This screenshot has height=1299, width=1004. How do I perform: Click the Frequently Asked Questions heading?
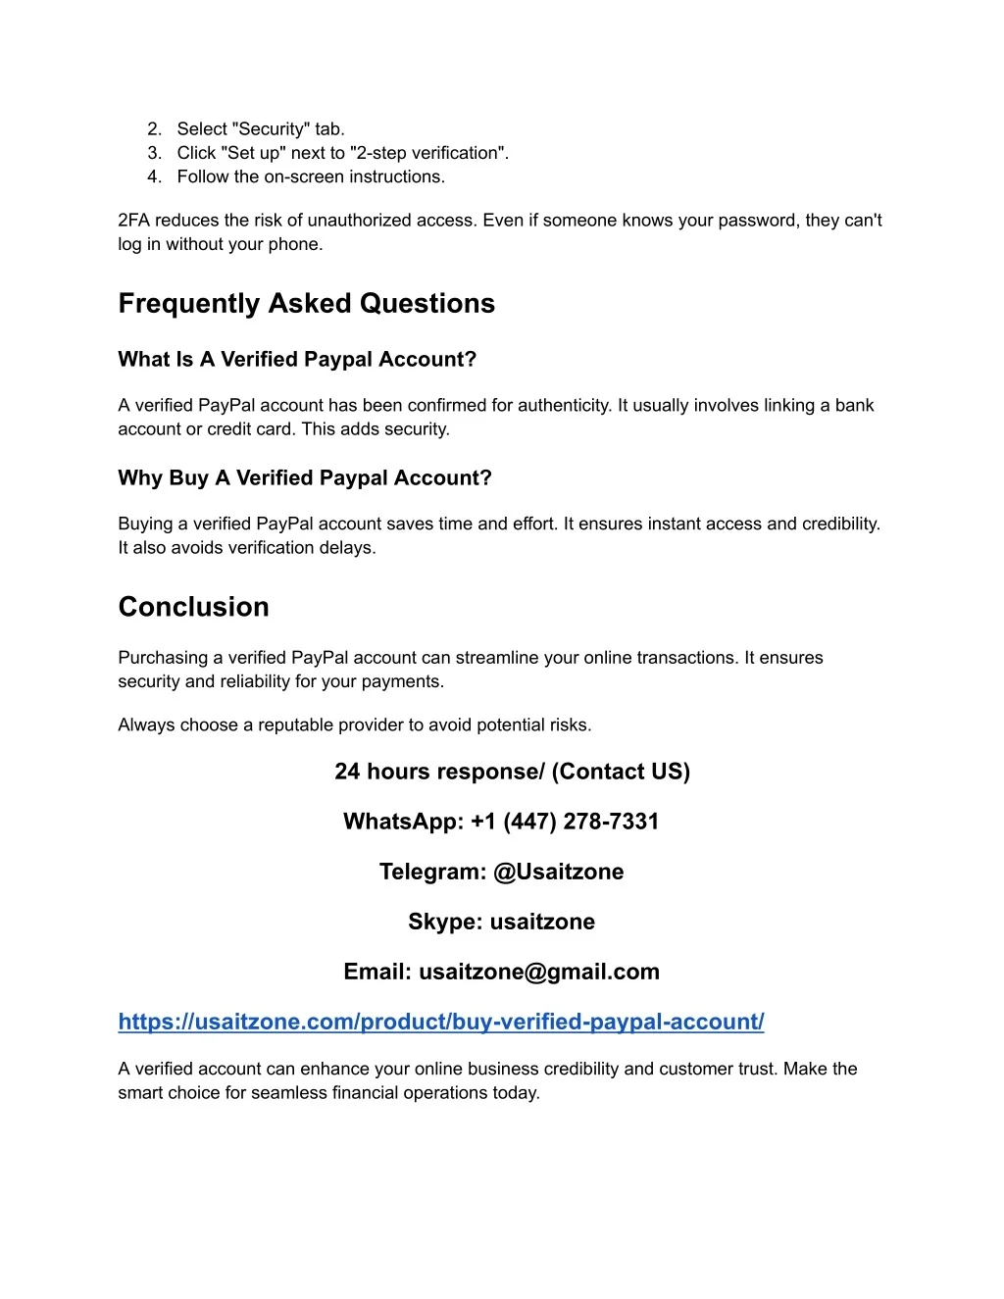tap(306, 304)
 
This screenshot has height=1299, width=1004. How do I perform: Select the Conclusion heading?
tap(193, 607)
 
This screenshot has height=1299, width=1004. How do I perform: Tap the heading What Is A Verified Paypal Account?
tap(297, 360)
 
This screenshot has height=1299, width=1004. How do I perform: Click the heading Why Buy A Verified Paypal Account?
tap(305, 478)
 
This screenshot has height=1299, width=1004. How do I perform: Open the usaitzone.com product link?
tap(440, 1022)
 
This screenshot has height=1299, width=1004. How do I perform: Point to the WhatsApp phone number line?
tap(501, 822)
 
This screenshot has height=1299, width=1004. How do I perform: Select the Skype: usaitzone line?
tap(501, 922)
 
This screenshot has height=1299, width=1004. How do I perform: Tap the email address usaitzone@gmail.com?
tap(539, 972)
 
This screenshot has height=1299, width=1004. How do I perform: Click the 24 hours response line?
tap(512, 772)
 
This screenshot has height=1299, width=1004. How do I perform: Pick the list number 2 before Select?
tap(154, 129)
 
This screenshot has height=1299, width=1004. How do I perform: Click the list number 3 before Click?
tap(154, 153)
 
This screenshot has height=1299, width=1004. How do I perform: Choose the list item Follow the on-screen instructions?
tap(311, 177)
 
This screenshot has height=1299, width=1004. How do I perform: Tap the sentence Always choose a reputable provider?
tap(354, 725)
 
